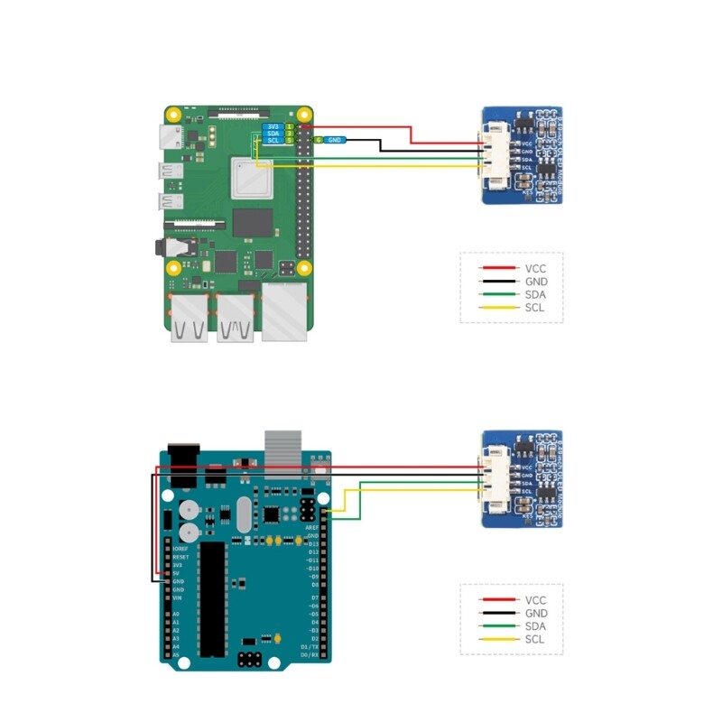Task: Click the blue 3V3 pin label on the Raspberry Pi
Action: [273, 127]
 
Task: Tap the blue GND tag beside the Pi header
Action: [335, 140]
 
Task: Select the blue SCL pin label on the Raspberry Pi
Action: [273, 141]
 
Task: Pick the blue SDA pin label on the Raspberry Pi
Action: [273, 134]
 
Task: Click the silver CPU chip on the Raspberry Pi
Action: [251, 178]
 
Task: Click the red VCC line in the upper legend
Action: [497, 268]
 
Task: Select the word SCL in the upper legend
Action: [534, 309]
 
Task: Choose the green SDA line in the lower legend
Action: [497, 626]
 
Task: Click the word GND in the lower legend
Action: [536, 613]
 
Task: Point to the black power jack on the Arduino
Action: [183, 457]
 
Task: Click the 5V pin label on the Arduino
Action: [177, 573]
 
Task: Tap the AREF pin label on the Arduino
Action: [313, 527]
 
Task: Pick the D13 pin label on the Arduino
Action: [313, 544]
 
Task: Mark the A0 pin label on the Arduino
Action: [176, 614]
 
